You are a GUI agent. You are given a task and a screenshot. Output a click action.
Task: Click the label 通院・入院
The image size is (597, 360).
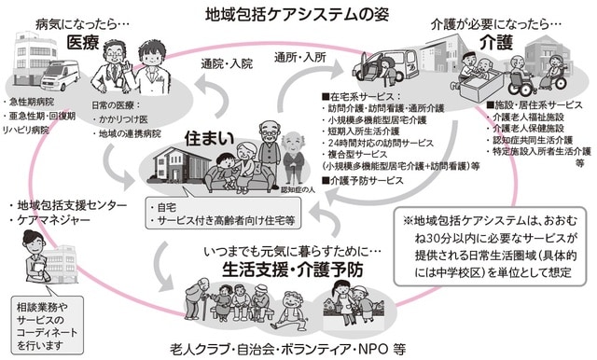click(x=227, y=63)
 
